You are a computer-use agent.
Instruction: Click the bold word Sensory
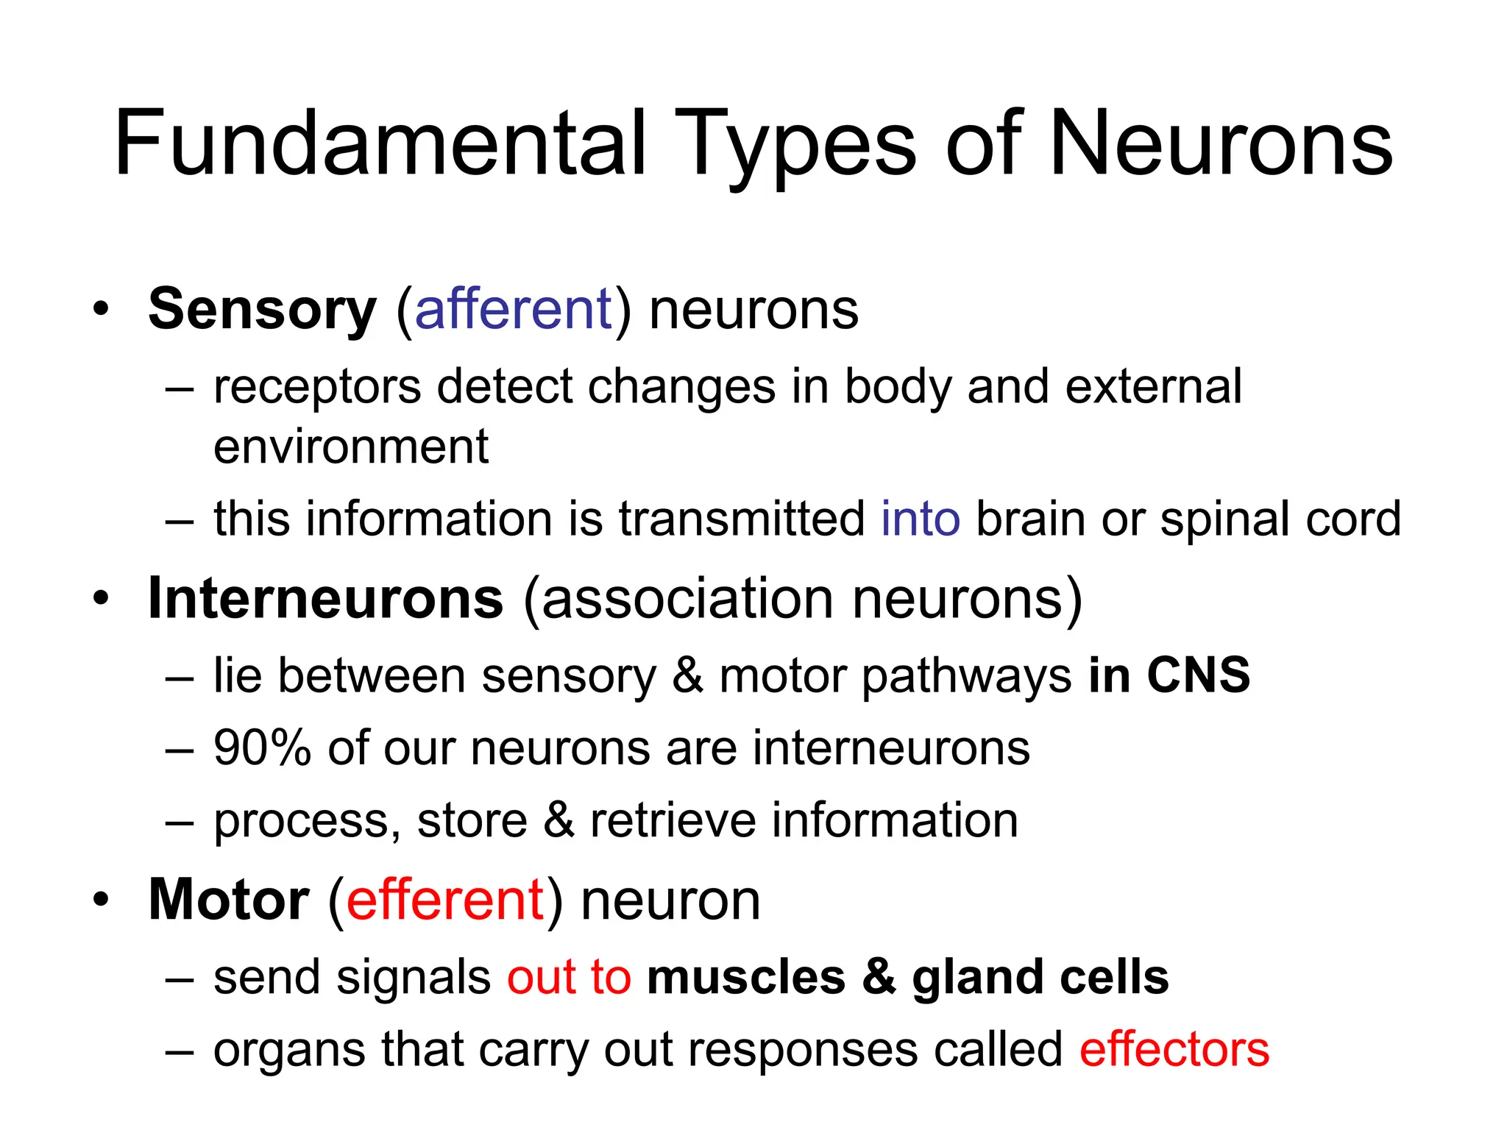pos(263,309)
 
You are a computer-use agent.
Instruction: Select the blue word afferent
pos(513,309)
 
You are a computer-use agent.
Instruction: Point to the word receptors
pos(317,387)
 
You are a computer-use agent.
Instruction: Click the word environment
pos(351,447)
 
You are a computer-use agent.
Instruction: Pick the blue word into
pos(921,519)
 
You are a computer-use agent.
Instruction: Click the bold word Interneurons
pos(326,598)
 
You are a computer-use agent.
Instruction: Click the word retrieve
pos(673,820)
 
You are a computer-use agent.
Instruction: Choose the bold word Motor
pos(229,900)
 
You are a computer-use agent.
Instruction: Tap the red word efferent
pos(444,900)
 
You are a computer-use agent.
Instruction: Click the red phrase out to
pos(569,978)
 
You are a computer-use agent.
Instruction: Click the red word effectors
pos(1174,1049)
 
